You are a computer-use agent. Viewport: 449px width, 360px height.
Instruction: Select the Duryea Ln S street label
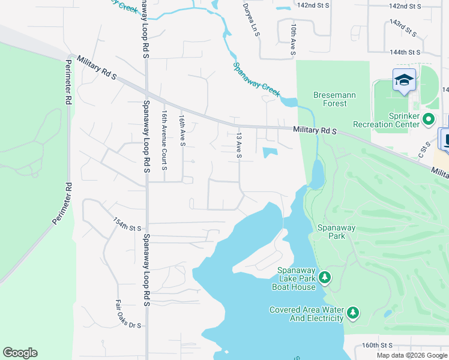251,20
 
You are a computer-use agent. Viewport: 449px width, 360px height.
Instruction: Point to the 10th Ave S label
293,40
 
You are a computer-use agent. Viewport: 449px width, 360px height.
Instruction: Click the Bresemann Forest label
330,99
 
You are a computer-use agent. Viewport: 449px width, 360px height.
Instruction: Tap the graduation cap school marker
404,80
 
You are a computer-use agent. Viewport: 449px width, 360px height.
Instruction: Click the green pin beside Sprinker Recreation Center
429,119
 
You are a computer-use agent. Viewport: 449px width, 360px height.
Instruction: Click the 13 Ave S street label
239,146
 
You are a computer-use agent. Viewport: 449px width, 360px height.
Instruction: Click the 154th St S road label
127,224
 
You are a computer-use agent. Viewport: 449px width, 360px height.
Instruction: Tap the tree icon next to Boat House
325,277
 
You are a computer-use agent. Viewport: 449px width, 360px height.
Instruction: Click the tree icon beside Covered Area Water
354,312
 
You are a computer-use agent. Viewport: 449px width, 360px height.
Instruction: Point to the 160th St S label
377,346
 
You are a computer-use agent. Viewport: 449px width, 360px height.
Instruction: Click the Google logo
20,353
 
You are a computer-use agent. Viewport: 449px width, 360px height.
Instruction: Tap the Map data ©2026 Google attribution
411,355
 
